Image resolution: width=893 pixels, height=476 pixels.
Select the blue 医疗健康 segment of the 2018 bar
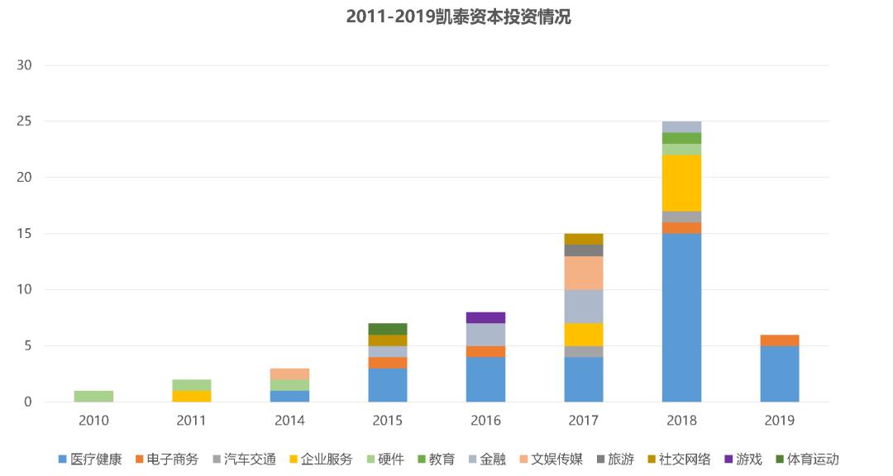681,317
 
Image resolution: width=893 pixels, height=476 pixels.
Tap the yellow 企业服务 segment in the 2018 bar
681,183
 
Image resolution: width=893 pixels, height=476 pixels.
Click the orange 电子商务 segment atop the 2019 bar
779,340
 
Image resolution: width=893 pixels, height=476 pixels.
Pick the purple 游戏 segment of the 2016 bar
485,317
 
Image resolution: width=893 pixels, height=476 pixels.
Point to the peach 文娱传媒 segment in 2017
584,273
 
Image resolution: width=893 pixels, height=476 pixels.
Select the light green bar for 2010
93,396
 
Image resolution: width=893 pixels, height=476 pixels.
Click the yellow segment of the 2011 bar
191,396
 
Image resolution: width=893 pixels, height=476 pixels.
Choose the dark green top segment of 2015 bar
387,329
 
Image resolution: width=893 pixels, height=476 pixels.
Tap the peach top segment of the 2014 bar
289,374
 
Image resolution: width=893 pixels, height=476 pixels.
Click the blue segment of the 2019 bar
779,374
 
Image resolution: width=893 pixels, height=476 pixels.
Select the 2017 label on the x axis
584,421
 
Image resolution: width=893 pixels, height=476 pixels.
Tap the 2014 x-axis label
289,421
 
